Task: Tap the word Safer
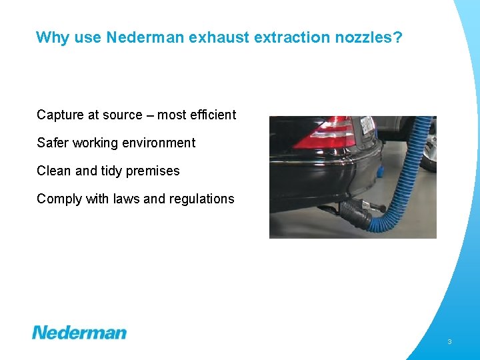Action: [53, 143]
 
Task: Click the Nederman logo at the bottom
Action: [79, 332]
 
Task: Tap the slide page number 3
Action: [449, 342]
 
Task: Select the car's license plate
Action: [367, 126]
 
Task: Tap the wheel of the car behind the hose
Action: [429, 150]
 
